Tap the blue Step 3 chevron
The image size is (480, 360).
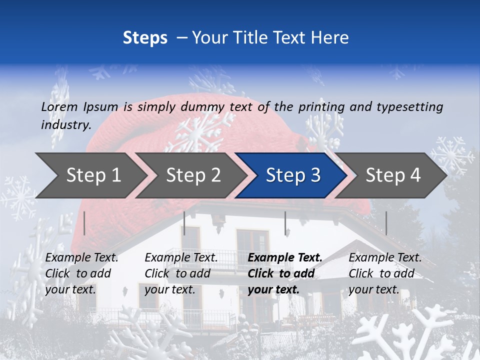click(293, 175)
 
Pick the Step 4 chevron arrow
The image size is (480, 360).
click(393, 175)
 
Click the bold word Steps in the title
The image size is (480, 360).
click(145, 37)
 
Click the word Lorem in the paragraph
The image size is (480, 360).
click(59, 106)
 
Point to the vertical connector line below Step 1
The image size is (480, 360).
click(84, 223)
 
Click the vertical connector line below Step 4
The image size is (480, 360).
click(386, 223)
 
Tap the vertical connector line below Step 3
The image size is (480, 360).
click(285, 223)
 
